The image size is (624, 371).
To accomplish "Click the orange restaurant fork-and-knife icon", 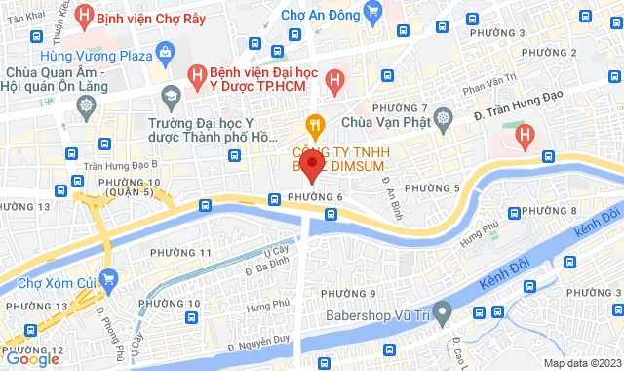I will pyautogui.click(x=314, y=123).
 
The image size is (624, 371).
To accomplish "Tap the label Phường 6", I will pyautogui.click(x=316, y=198).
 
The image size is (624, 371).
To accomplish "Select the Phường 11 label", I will pyautogui.click(x=182, y=253).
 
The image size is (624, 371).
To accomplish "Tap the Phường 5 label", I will pyautogui.click(x=432, y=187).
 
